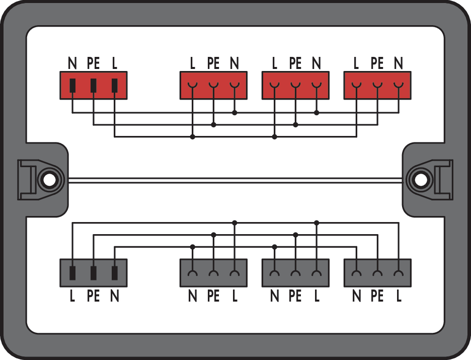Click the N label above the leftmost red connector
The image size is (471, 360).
pyautogui.click(x=72, y=63)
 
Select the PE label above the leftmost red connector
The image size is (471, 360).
pyautogui.click(x=93, y=63)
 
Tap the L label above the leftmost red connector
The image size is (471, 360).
pyautogui.click(x=114, y=63)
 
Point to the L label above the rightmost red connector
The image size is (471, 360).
pyautogui.click(x=356, y=63)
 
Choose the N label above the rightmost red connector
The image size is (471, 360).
pyautogui.click(x=399, y=63)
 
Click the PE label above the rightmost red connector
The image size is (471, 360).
pyautogui.click(x=377, y=63)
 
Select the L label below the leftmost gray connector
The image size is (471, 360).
pyautogui.click(x=72, y=297)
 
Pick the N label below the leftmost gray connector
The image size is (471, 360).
pyautogui.click(x=114, y=297)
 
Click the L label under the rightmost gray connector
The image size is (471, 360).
pyautogui.click(x=399, y=297)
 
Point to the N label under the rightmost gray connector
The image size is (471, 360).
pyautogui.click(x=356, y=297)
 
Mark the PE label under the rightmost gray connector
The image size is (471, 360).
pyautogui.click(x=377, y=297)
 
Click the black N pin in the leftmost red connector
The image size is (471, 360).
pyautogui.click(x=72, y=85)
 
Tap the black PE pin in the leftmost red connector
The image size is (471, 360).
pyautogui.click(x=93, y=85)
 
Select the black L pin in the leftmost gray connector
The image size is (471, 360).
pyautogui.click(x=72, y=273)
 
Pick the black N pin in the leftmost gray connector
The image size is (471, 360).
pyautogui.click(x=114, y=273)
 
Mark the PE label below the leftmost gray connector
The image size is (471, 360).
pyautogui.click(x=93, y=297)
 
